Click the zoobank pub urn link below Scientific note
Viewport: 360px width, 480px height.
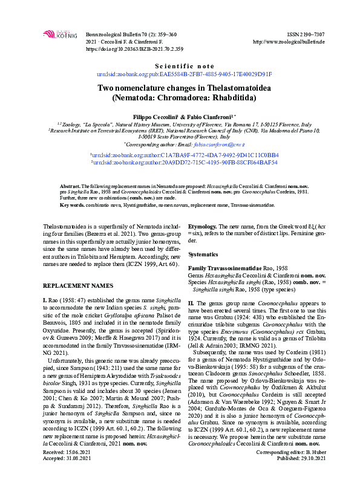click(x=185, y=74)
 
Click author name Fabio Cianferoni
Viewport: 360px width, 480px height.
click(x=205, y=115)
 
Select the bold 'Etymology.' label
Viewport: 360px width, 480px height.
click(x=206, y=224)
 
